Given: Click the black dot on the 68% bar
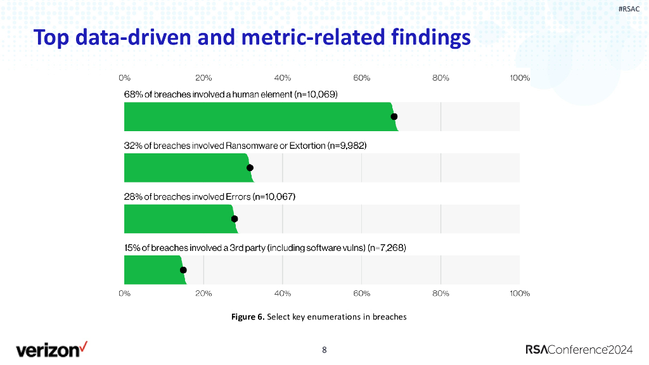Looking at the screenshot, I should click(394, 117).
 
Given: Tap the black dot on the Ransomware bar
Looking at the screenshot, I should click(250, 167).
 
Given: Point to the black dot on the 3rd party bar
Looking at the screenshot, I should click(183, 270).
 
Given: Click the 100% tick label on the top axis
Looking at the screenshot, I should click(520, 78).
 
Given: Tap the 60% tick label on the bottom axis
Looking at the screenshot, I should click(361, 293).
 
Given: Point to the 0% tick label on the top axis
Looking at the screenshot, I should click(124, 78).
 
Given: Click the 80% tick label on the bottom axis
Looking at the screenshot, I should click(440, 293).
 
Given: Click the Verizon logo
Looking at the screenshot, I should click(52, 349).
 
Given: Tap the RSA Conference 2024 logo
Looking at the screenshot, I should click(579, 349).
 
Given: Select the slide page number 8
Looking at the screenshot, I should click(324, 350).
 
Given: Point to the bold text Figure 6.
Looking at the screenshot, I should click(248, 317).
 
